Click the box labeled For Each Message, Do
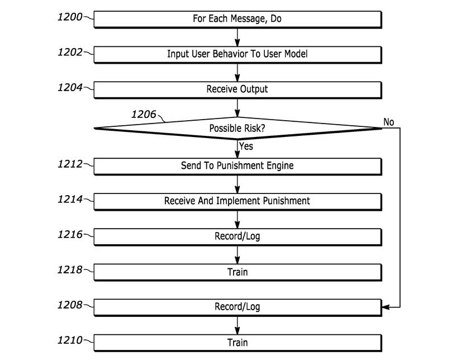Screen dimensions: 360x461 (237, 19)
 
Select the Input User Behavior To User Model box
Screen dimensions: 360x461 (237, 54)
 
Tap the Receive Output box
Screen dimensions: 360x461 (237, 89)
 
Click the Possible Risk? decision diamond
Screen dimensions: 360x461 (237, 129)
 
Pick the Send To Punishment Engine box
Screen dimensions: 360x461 (237, 166)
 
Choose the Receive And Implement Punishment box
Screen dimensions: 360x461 (237, 201)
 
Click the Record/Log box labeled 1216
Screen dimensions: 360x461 (237, 236)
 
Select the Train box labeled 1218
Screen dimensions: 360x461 (237, 272)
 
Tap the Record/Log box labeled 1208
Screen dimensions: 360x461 (237, 307)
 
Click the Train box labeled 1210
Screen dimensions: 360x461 (237, 342)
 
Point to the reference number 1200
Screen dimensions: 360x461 (69, 17)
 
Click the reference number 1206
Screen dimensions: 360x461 (144, 115)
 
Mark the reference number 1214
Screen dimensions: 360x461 (69, 199)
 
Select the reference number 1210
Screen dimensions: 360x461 (69, 340)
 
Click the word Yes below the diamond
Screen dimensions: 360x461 (246, 146)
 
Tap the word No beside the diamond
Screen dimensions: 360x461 (389, 121)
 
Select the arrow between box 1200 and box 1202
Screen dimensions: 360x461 (237, 37)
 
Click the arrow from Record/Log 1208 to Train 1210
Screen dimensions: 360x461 (237, 325)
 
